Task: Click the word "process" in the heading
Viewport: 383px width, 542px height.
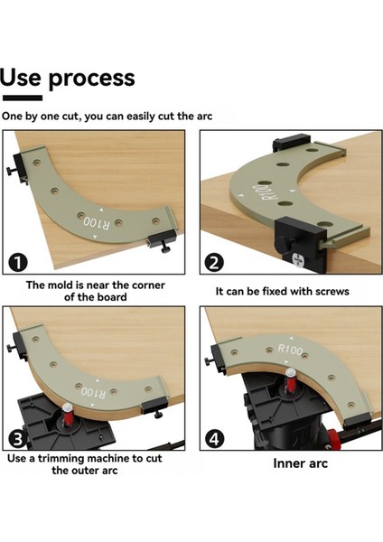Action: click(91, 79)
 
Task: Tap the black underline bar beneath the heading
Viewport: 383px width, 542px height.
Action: click(23, 98)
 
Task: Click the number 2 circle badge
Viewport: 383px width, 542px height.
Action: click(214, 263)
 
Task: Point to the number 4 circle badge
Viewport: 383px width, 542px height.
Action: click(214, 439)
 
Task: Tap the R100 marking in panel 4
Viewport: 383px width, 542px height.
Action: click(290, 350)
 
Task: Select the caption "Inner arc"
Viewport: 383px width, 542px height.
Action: click(300, 463)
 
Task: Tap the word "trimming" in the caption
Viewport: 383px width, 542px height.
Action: click(63, 459)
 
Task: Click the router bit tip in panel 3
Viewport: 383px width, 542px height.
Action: click(67, 406)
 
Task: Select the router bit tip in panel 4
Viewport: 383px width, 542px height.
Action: click(291, 372)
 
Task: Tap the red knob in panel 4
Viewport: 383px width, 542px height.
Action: click(332, 435)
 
